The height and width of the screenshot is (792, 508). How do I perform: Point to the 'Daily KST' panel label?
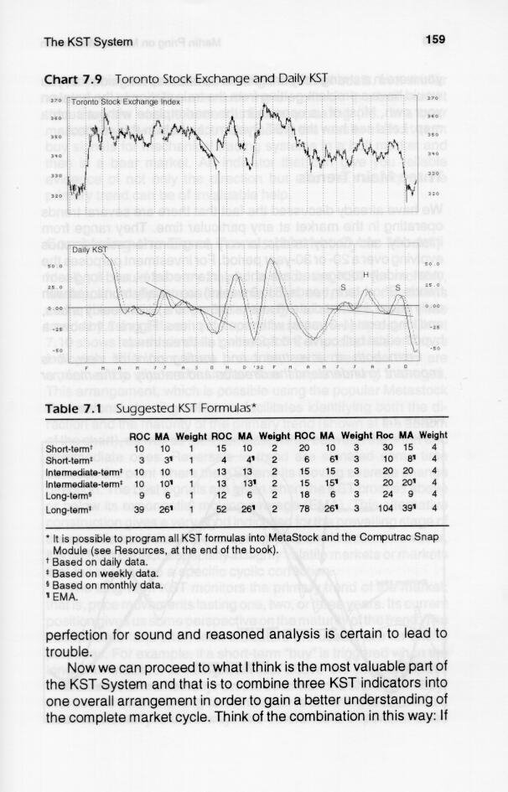(x=89, y=251)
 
